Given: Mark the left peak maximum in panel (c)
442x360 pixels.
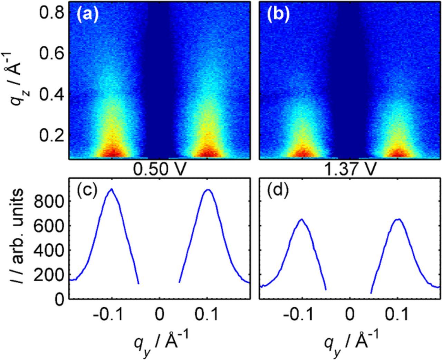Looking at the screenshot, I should point(111,189).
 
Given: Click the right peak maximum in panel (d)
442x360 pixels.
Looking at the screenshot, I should point(398,219).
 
